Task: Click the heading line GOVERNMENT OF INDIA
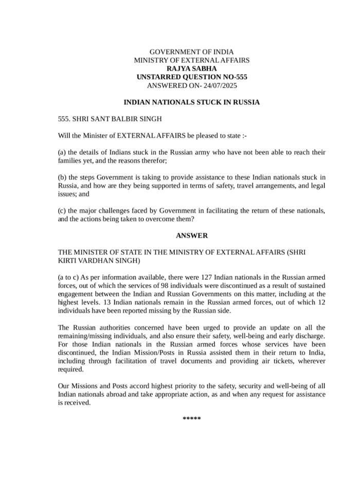pos(191,52)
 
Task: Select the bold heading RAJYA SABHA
pos(191,68)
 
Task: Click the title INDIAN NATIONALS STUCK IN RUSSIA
pos(191,102)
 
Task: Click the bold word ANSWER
pos(191,235)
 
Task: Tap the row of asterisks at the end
pos(191,419)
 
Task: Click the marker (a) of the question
pos(62,152)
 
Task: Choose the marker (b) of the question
pos(62,178)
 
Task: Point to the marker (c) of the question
pos(62,210)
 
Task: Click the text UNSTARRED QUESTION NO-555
pos(191,77)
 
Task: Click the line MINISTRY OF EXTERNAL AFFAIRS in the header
pos(191,60)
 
